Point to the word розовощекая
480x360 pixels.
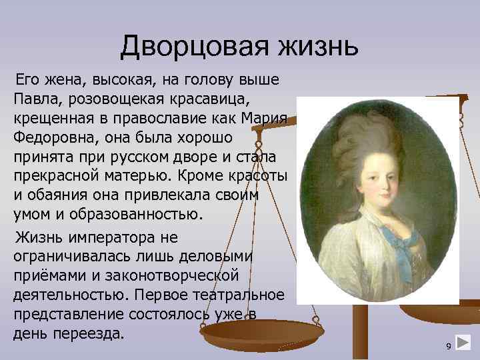(x=103, y=99)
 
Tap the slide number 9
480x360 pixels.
(x=449, y=345)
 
